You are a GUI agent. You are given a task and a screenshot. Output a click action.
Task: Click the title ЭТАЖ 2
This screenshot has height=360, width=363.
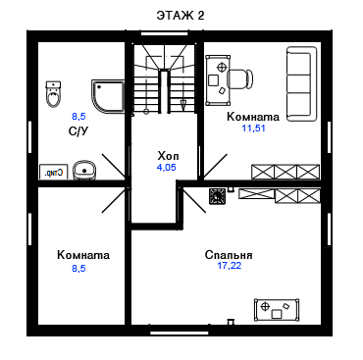pos(181,16)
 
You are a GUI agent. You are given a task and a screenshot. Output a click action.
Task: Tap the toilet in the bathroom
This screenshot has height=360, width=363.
pos(53,94)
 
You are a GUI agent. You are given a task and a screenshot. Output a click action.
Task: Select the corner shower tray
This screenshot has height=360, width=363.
pos(108,96)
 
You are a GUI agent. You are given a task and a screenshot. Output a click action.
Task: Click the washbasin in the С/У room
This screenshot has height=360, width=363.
pos(84,170)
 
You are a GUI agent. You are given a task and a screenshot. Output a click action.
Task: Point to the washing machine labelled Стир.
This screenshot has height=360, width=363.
pos(54,172)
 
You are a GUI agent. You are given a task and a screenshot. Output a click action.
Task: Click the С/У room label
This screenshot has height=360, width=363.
pos(78,131)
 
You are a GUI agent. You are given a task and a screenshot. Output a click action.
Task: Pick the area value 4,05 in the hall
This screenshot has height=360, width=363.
pos(167,168)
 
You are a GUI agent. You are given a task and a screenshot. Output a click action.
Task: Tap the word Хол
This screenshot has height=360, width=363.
pos(168,155)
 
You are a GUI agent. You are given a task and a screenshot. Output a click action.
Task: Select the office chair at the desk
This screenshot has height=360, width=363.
pos(240,79)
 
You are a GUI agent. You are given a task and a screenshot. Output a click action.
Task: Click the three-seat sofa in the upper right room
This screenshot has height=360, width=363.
pos(302,84)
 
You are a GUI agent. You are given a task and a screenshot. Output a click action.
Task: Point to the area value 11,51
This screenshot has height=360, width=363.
pos(253,129)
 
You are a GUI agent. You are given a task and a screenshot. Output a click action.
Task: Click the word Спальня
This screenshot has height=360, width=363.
pos(229,255)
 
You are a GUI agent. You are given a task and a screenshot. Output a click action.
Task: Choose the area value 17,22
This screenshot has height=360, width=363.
pos(230,266)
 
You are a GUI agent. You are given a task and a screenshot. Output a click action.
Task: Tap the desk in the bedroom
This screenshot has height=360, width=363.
pos(277,310)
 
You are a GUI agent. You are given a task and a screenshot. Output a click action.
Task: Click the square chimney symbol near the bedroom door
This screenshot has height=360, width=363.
pos(217,196)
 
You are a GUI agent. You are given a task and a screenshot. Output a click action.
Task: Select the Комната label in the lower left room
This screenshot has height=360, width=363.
pos(83,255)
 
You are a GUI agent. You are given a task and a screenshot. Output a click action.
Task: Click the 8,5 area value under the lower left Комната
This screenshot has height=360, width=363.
pos(78,269)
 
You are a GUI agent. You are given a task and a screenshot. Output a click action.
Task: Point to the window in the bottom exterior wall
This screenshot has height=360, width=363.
pos(180,333)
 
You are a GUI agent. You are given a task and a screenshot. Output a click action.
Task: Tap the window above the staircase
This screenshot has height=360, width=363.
pos(165,33)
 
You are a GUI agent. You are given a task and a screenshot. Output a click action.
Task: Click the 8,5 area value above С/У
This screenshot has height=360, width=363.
pos(78,116)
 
